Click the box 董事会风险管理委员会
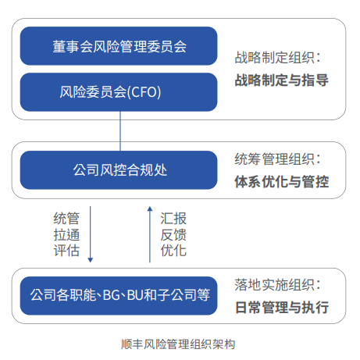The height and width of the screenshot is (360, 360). (119, 46)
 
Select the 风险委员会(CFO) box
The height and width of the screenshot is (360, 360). (119, 92)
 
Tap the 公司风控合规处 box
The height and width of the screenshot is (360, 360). (119, 170)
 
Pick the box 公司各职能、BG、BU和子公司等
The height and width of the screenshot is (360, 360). (119, 296)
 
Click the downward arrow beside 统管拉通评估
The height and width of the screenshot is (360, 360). (91, 234)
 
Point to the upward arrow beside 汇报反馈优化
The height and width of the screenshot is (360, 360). (150, 234)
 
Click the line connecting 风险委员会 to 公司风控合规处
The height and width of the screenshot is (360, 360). (120, 131)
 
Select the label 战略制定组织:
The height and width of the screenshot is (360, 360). (277, 58)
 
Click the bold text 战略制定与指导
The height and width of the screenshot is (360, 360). (282, 80)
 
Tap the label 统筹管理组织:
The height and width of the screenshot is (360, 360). (277, 159)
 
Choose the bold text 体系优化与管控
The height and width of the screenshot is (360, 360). (282, 181)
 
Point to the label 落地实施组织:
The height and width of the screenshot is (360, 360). (277, 285)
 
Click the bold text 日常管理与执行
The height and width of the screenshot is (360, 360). (282, 308)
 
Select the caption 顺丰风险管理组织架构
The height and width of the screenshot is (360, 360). (178, 344)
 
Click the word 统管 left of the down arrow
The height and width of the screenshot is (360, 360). (66, 218)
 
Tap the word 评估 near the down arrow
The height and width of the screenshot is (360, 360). (66, 251)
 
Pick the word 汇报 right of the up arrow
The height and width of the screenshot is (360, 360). (173, 218)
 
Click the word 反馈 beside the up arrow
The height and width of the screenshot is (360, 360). (173, 234)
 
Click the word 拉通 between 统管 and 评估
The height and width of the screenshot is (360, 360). (66, 234)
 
